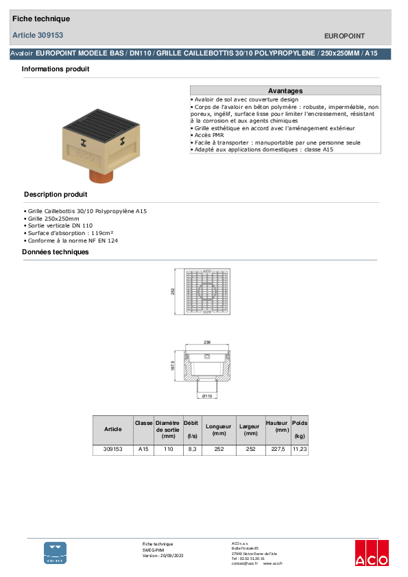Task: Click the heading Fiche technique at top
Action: [x=40, y=19]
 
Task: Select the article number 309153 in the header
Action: [x=38, y=35]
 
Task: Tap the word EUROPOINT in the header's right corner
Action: [x=344, y=36]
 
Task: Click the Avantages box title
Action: [x=285, y=90]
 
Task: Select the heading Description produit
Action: [x=56, y=194]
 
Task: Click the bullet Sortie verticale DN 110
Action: [x=59, y=225]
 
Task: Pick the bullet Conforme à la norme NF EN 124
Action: [x=67, y=241]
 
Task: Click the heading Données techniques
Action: [x=55, y=252]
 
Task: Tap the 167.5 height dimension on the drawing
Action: [x=173, y=367]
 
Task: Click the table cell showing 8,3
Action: [x=192, y=450]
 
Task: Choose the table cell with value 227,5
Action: [x=277, y=450]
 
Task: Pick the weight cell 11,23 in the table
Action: [x=300, y=450]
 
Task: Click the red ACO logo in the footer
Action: [x=371, y=554]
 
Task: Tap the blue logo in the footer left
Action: [x=56, y=552]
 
